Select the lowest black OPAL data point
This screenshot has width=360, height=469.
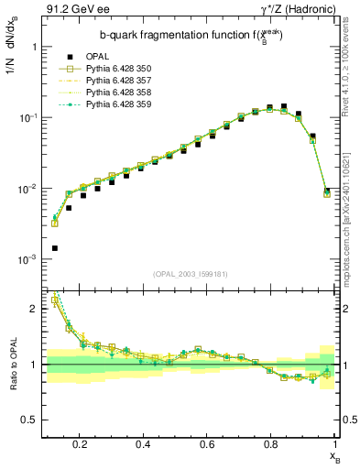click(54, 248)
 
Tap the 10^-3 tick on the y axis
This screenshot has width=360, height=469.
click(27, 260)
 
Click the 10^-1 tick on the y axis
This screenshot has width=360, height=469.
click(27, 118)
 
